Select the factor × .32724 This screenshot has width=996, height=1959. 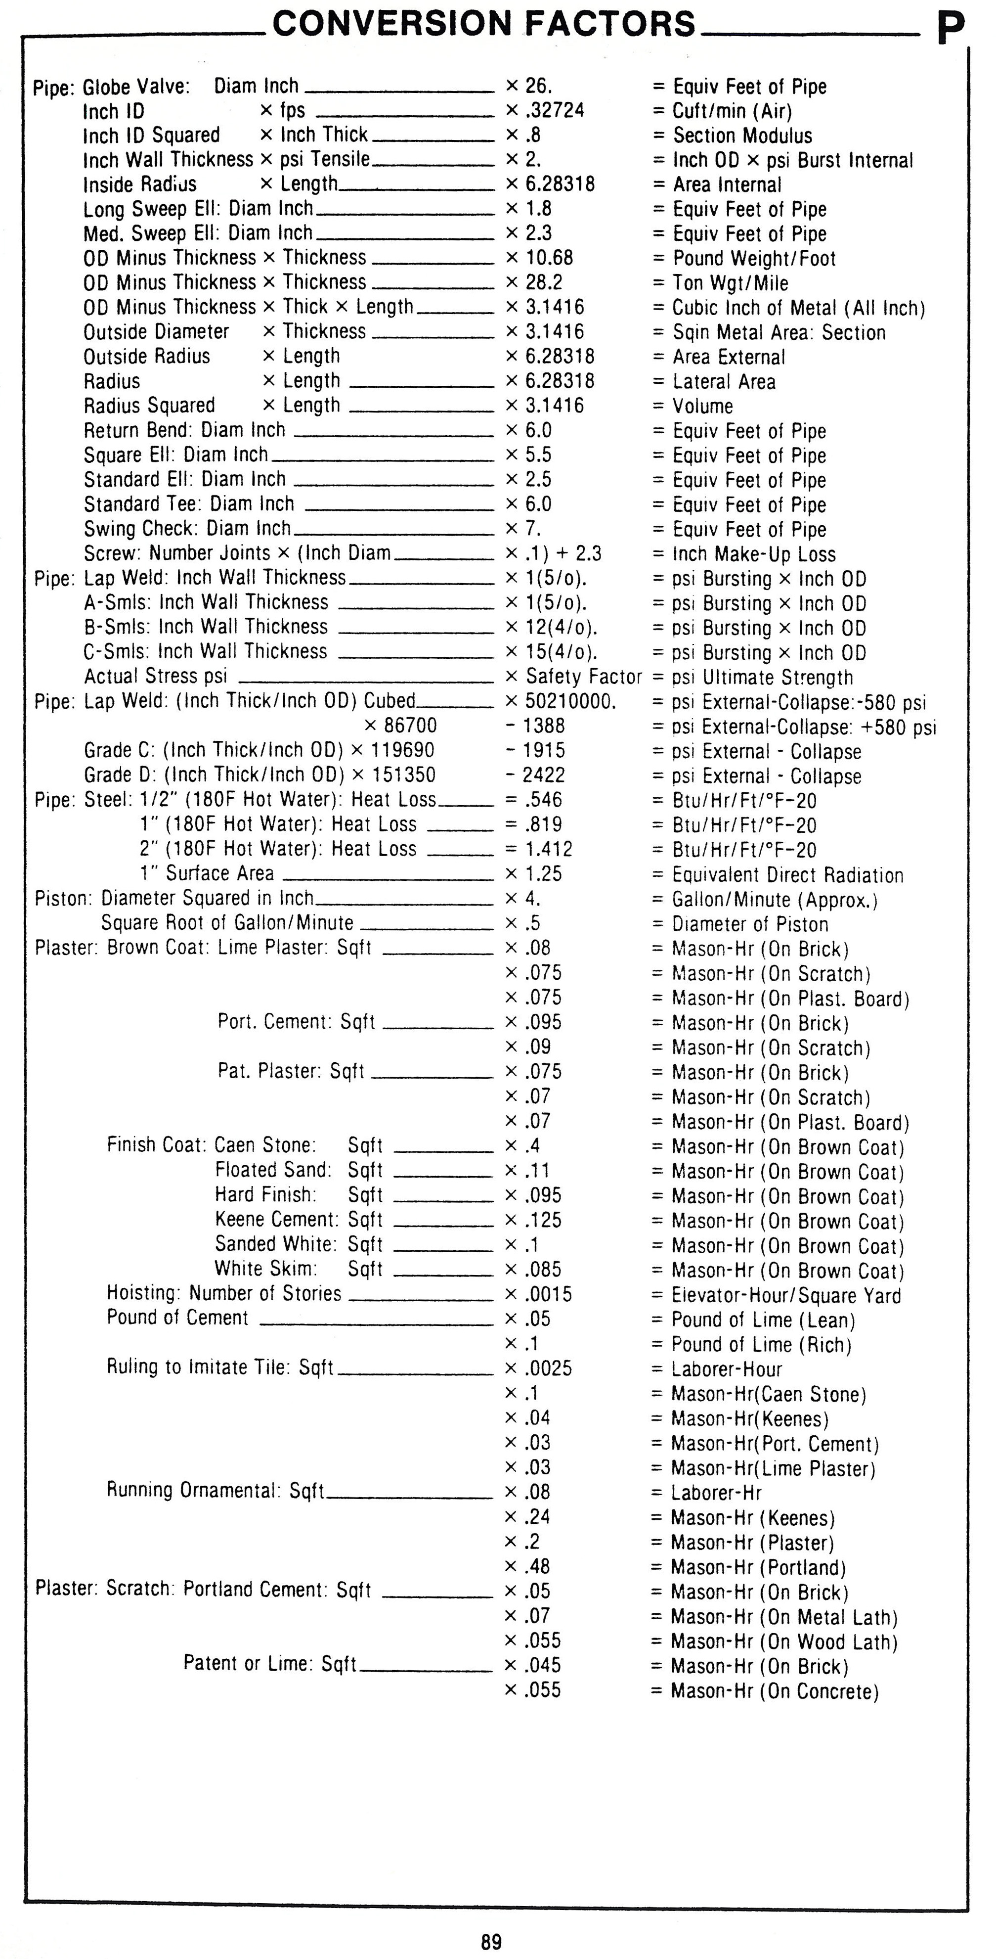pyautogui.click(x=545, y=110)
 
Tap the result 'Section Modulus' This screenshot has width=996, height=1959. pyautogui.click(x=742, y=136)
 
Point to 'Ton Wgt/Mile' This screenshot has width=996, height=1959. pyautogui.click(x=730, y=283)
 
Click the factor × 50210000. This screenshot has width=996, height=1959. pyautogui.click(x=561, y=701)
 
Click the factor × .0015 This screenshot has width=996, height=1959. pyautogui.click(x=539, y=1294)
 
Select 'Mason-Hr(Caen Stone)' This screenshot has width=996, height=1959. pyautogui.click(x=769, y=1394)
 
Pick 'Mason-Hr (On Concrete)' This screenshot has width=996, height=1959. pyautogui.click(x=774, y=1691)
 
